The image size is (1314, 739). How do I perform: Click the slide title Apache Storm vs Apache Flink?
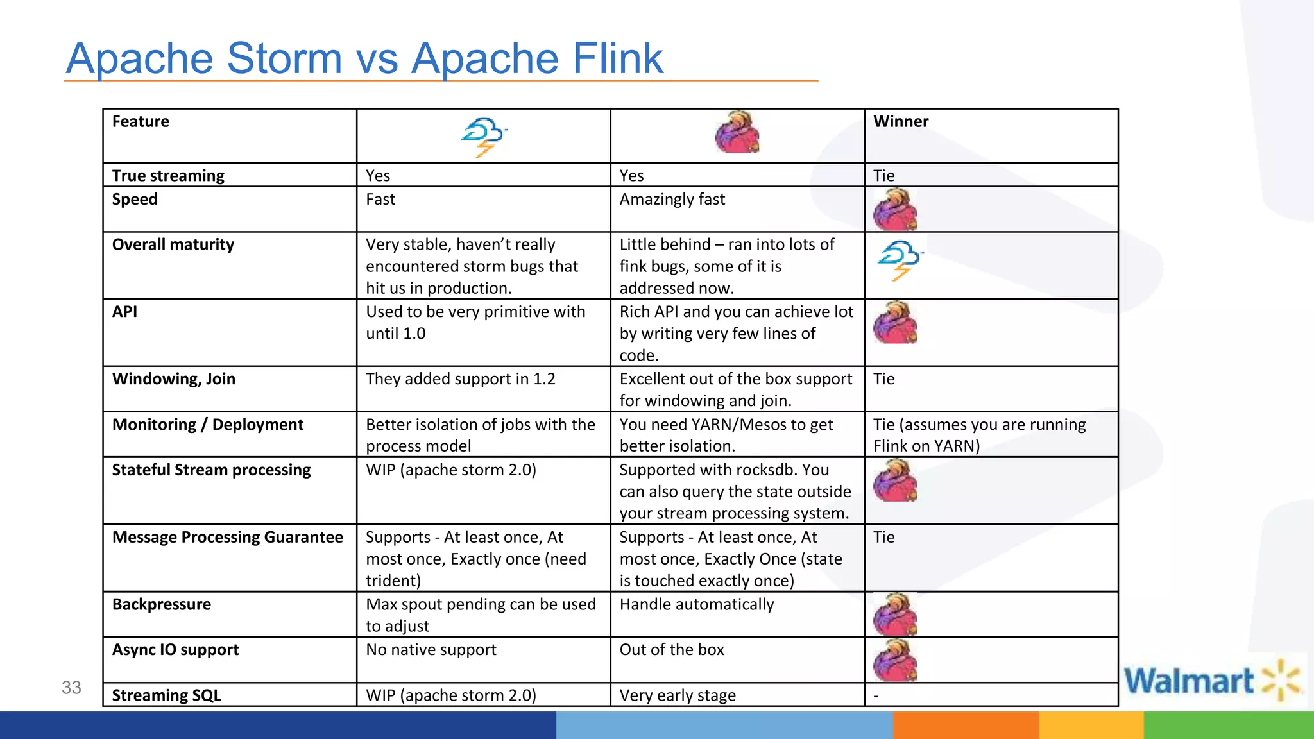point(364,58)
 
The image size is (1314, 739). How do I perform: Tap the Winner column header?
point(901,121)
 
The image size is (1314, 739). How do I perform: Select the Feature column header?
point(141,121)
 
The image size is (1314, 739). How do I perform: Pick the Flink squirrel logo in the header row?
point(737,132)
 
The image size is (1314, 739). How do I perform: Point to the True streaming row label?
point(168,176)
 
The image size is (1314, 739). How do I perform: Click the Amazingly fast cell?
point(672,200)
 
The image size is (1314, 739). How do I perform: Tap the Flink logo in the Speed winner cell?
point(895,210)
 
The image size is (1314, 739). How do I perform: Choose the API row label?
point(124,312)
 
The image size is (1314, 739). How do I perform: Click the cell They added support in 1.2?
point(460,379)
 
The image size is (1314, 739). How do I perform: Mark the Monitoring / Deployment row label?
point(208,425)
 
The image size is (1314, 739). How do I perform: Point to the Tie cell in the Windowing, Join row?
point(883,379)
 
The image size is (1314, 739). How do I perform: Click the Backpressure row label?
point(162,604)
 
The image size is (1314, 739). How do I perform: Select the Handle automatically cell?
point(697,604)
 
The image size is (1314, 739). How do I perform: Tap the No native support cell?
point(431,650)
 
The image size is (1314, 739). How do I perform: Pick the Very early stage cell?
point(678,695)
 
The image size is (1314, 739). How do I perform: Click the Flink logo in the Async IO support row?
point(895,660)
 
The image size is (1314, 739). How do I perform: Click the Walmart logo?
point(1211,681)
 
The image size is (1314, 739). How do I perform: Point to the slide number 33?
point(71,688)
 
